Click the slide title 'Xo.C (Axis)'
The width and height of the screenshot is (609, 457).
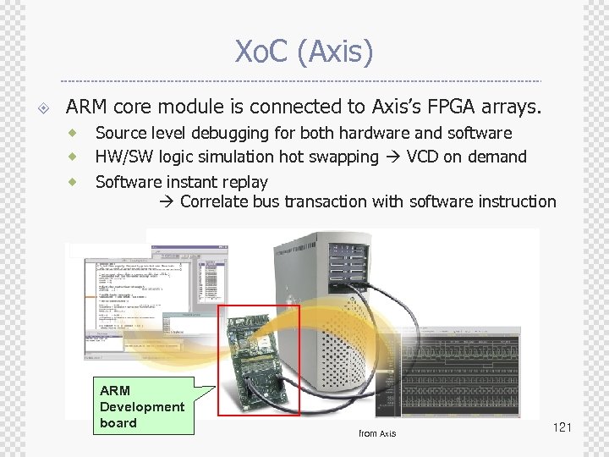click(x=304, y=52)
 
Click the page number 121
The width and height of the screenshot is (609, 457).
click(x=562, y=427)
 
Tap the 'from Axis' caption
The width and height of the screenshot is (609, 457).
click(x=377, y=433)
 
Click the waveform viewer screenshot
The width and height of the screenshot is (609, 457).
click(x=482, y=372)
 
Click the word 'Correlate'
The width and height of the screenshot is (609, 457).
click(x=216, y=201)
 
